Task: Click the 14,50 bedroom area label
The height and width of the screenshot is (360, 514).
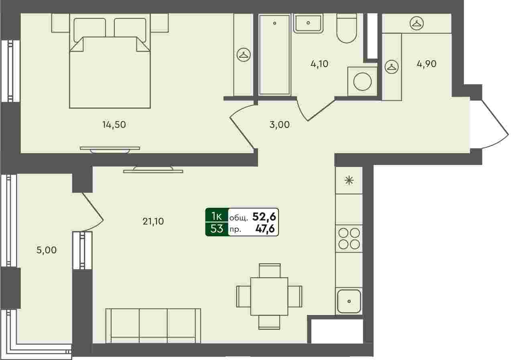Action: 114,125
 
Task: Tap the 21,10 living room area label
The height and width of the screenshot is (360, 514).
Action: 153,222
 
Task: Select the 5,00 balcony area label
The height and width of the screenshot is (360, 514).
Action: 47,250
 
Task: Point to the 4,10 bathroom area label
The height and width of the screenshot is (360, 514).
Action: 319,64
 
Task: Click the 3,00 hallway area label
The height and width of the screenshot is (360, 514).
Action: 280,125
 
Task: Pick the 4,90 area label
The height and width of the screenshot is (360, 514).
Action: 427,64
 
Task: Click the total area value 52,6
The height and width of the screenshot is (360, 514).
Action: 264,217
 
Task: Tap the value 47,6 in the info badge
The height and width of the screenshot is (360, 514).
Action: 265,229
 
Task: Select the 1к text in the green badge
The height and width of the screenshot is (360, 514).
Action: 217,216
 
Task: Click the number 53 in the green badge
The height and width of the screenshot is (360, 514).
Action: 217,228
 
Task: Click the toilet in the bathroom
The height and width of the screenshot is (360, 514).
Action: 347,28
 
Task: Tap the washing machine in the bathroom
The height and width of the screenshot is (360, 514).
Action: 362,81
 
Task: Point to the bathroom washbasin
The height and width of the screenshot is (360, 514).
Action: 308,23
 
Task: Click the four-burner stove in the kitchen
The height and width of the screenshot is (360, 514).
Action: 349,239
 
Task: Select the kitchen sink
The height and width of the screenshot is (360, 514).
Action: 349,301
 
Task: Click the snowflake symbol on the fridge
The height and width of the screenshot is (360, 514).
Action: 349,180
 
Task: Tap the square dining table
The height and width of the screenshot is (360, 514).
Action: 269,296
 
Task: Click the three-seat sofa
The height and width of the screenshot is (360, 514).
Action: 153,326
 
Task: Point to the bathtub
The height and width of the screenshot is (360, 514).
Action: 274,55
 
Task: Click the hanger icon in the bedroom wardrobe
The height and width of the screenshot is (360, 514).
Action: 244,55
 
